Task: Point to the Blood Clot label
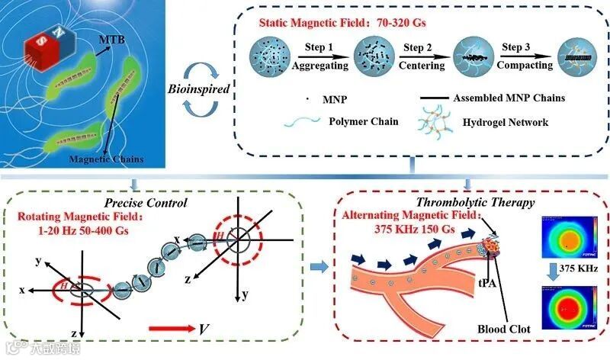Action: click(503, 329)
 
